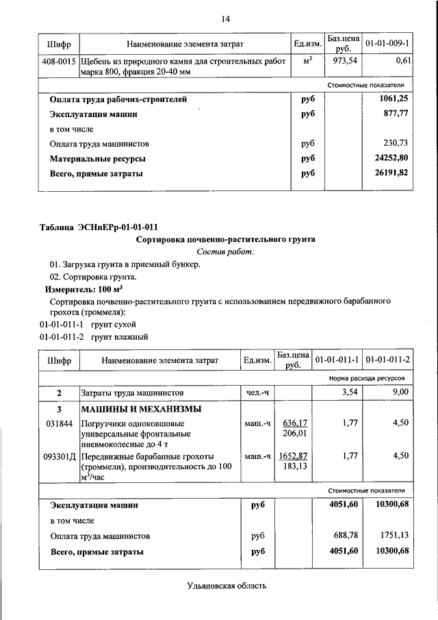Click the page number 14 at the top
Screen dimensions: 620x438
225,18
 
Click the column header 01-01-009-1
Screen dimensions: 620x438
387,44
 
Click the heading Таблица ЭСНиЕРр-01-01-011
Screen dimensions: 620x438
103,227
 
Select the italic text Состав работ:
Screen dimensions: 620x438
225,252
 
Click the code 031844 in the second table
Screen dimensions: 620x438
59,423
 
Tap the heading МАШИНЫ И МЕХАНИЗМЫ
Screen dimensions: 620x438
142,410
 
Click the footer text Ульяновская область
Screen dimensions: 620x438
225,586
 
